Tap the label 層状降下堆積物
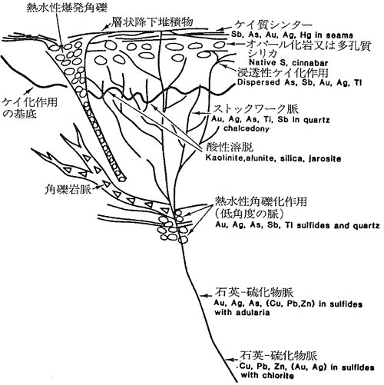pos(152,22)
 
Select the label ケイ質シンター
pos(274,25)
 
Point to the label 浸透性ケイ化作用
pos(283,73)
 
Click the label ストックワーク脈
pos(256,109)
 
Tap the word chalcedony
pos(247,128)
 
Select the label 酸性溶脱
pos(230,148)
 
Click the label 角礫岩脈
pos(68,190)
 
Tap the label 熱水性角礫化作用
pos(261,201)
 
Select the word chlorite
pos(278,376)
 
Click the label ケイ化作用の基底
pos(29,108)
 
